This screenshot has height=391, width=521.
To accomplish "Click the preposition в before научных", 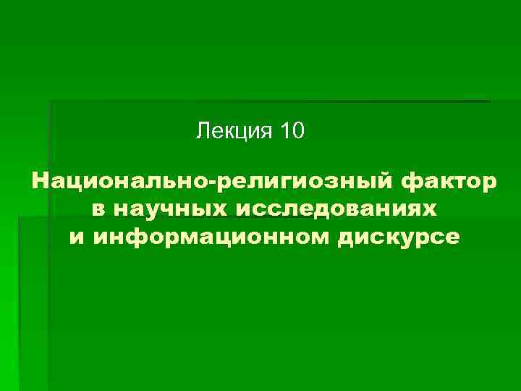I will [x=99, y=209].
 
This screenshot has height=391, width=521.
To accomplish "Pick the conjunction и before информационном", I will [x=76, y=237].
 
